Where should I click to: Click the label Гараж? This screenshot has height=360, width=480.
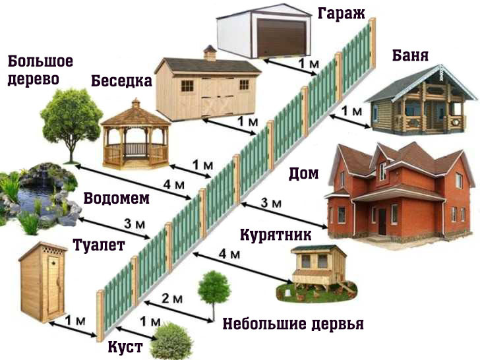coord(341,15)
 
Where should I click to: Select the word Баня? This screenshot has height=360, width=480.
coord(410,55)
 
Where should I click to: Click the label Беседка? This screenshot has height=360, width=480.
coord(121,81)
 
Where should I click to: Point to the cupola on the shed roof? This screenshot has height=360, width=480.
coord(210,53)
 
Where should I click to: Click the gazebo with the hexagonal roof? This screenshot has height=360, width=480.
coord(136,134)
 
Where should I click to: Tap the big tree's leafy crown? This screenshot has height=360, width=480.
coord(71,116)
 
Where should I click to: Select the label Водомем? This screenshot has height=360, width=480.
coord(117,198)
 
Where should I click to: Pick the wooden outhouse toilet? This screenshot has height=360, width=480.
coord(43,282)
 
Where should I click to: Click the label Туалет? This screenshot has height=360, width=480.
coord(99,245)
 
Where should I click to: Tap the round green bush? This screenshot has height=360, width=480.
coord(171,342)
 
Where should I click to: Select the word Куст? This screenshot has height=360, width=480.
coord(125,347)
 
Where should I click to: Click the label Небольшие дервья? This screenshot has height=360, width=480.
coord(293,324)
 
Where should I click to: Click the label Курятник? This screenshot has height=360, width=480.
coord(276,235)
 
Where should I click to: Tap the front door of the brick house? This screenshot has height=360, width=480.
coord(382,222)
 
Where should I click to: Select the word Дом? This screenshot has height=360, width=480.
coord(303,174)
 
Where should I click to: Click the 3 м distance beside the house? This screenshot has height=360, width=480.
coord(271,203)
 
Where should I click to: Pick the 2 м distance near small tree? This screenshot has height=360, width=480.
coord(172,299)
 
